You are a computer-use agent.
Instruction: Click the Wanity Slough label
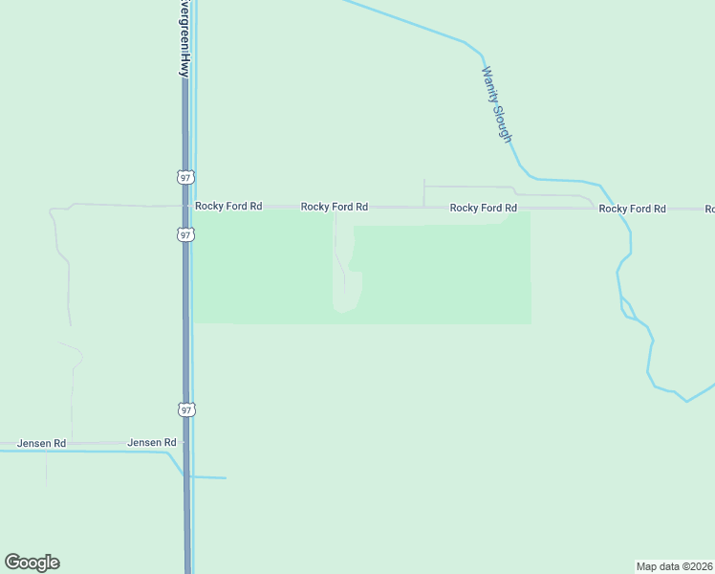tap(497, 105)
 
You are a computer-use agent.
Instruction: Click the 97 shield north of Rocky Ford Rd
tap(185, 177)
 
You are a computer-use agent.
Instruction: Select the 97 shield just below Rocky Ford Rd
tap(185, 234)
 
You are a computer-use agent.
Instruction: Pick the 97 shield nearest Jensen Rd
tap(185, 409)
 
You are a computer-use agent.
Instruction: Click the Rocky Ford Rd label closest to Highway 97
tap(228, 206)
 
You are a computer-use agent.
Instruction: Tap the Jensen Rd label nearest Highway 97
tap(152, 443)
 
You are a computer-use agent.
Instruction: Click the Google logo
tap(32, 563)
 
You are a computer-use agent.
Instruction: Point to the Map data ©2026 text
tap(674, 565)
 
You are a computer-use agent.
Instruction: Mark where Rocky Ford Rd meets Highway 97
tap(185, 206)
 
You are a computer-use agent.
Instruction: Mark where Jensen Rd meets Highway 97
tap(185, 444)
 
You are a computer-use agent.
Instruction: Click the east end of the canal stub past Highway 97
tap(226, 477)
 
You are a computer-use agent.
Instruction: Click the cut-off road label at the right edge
tap(709, 209)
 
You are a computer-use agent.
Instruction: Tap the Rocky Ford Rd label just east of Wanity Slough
tap(632, 209)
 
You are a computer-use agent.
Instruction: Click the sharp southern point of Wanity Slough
tap(686, 401)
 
